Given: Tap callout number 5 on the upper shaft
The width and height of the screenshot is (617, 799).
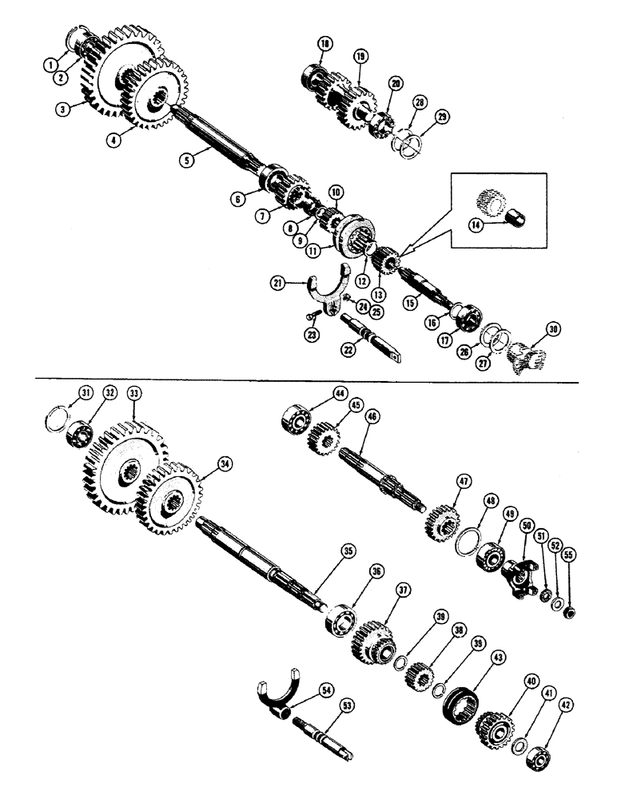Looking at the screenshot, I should point(185,159).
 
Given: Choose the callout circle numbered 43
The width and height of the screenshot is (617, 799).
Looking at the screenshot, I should point(499,658).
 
